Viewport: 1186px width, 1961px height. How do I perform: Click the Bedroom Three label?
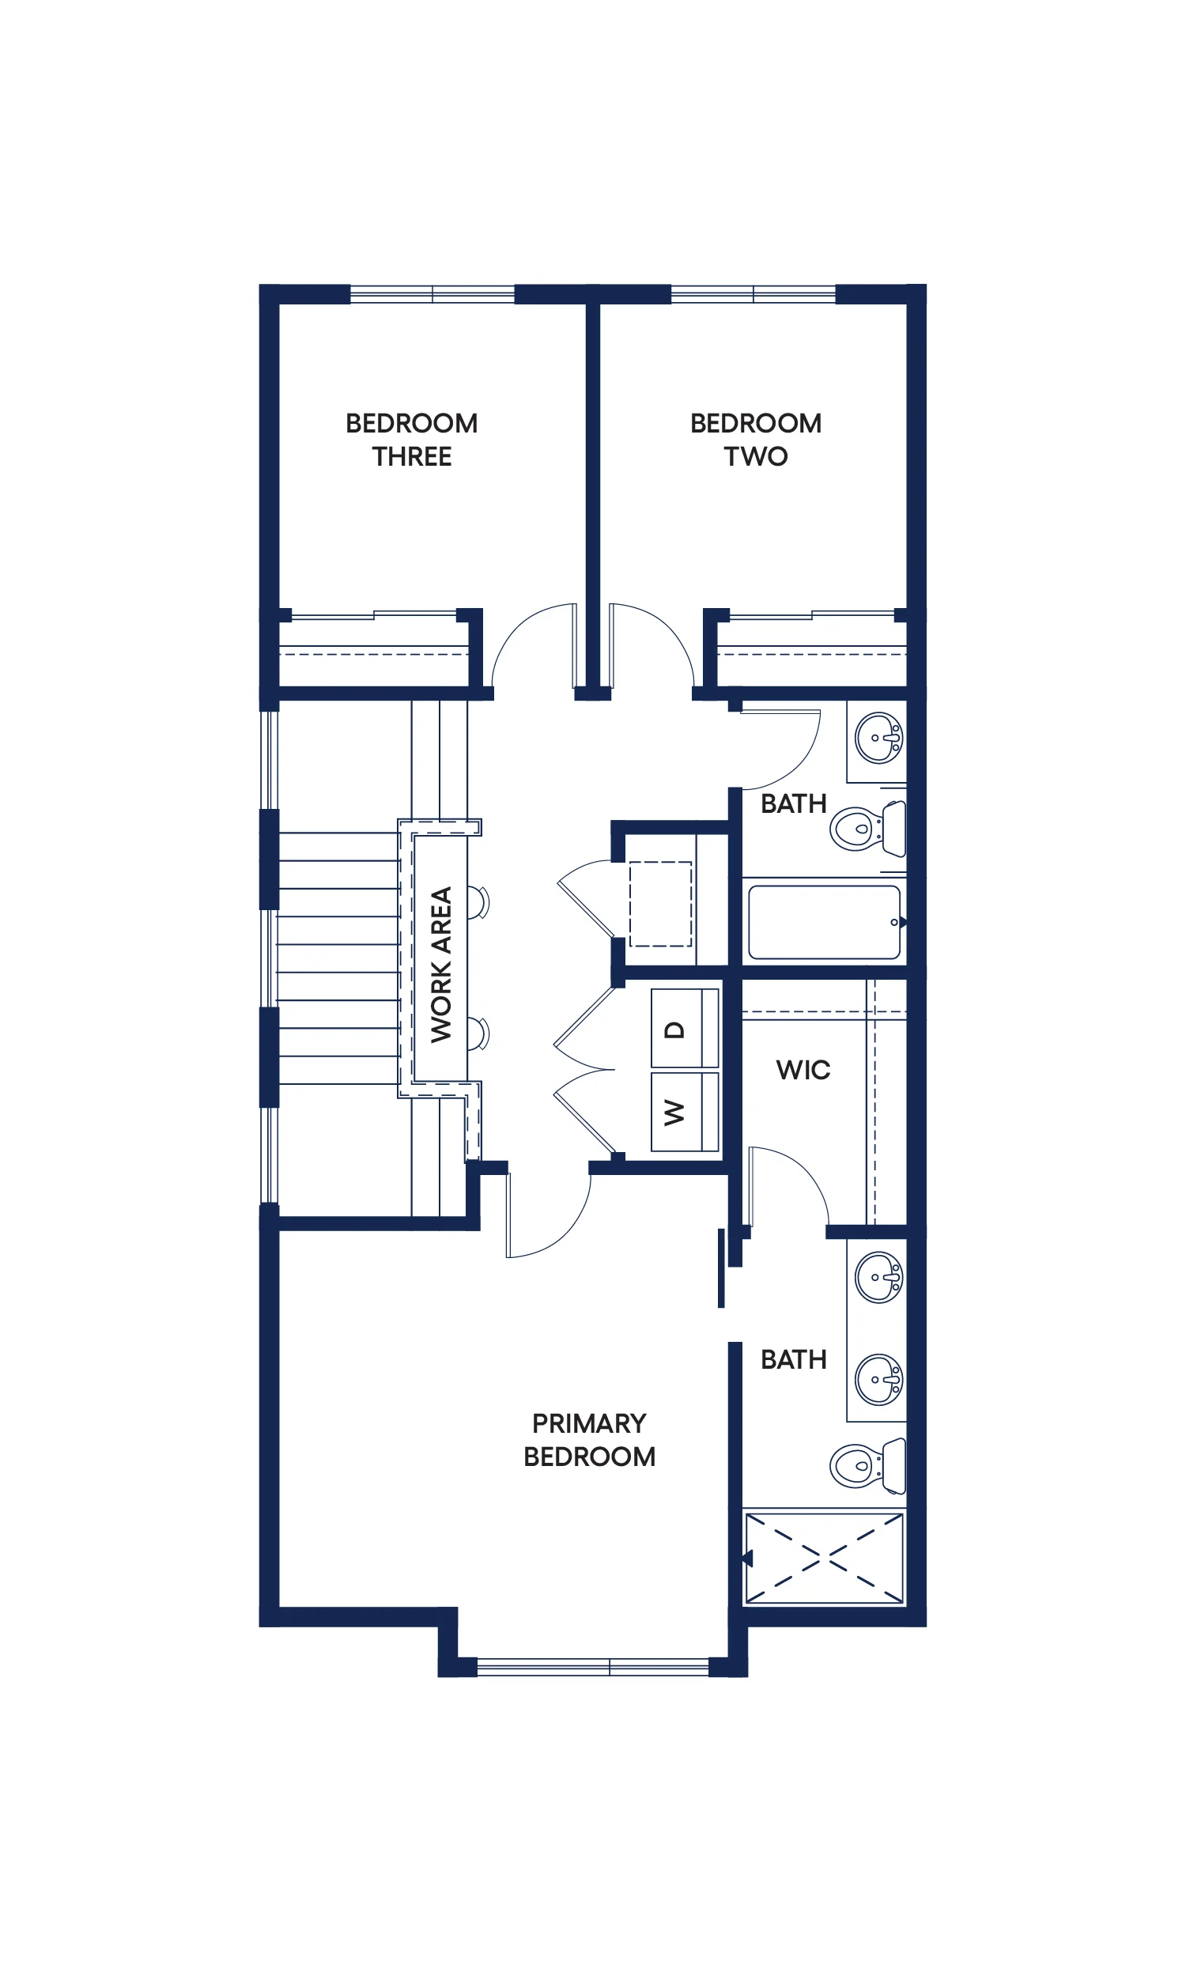[411, 440]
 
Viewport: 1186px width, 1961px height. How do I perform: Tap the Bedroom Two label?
[755, 440]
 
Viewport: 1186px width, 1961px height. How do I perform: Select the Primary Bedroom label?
[589, 1440]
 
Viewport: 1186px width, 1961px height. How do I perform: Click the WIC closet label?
[803, 1070]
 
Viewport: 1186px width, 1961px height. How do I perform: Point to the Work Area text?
[441, 964]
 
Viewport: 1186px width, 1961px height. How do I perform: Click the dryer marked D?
[685, 1027]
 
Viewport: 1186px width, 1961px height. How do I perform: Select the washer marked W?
[685, 1112]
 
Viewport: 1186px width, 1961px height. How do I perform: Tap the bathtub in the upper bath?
[825, 923]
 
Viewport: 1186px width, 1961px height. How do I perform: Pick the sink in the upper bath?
[878, 738]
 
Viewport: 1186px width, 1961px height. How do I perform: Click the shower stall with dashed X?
[825, 1559]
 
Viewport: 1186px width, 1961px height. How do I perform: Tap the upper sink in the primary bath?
[878, 1277]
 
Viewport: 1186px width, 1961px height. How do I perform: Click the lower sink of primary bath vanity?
[878, 1379]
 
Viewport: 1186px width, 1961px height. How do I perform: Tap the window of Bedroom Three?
[432, 294]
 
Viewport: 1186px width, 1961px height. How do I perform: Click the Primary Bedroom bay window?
[593, 1668]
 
